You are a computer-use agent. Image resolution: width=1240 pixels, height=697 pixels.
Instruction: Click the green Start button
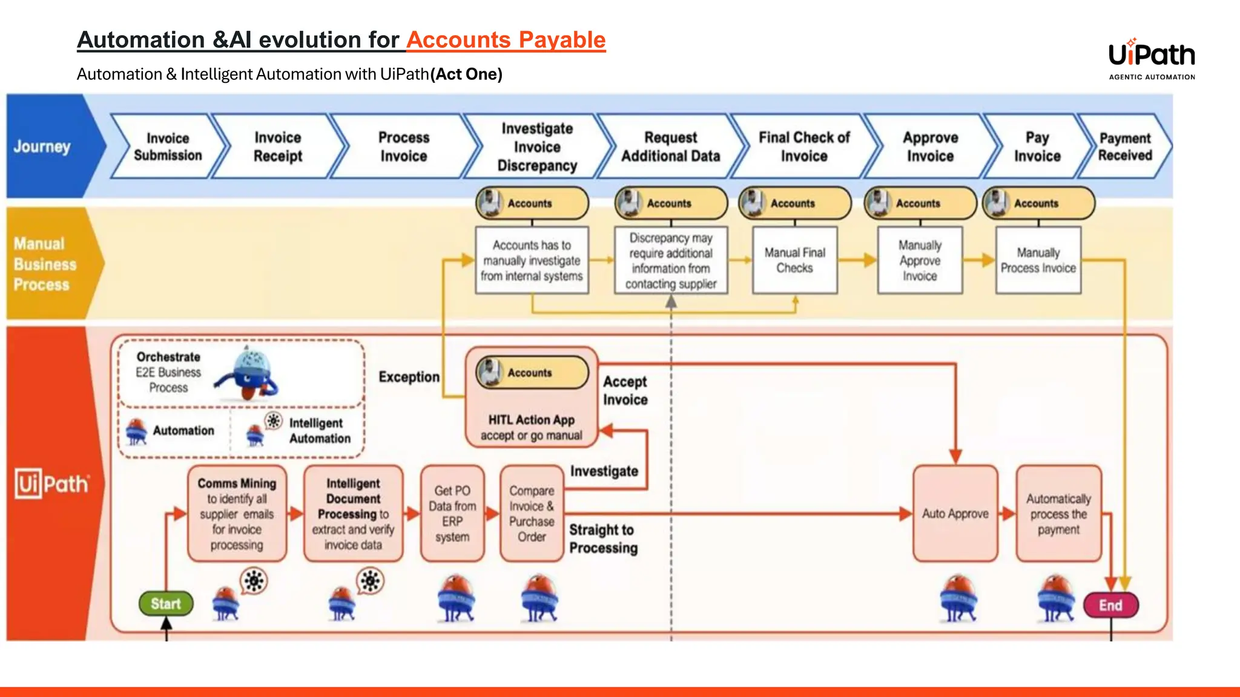click(x=166, y=603)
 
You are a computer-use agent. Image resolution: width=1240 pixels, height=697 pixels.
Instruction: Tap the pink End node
click(x=1110, y=605)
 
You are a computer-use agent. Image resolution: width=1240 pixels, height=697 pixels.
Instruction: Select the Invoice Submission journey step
click(x=168, y=146)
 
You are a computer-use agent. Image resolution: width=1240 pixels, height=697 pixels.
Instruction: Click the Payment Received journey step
click(x=1125, y=146)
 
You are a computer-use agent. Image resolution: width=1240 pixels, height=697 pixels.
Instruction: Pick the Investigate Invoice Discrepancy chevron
click(x=537, y=146)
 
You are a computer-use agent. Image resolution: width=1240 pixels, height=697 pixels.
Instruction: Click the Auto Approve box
click(x=955, y=513)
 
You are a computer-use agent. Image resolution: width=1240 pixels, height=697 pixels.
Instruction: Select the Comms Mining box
click(x=237, y=513)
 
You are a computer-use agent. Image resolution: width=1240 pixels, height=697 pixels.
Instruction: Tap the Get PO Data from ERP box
click(x=452, y=513)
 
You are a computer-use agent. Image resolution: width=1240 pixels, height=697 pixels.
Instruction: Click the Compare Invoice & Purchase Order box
click(x=532, y=513)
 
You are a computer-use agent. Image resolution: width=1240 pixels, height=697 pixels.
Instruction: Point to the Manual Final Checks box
click(x=794, y=260)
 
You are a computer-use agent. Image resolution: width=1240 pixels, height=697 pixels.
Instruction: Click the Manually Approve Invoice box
click(x=920, y=260)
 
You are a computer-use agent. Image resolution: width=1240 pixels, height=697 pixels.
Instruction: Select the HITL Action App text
click(x=531, y=420)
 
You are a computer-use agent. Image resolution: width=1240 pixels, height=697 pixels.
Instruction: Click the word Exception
click(x=409, y=377)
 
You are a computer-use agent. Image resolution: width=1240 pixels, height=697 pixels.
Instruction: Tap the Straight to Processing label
click(x=603, y=538)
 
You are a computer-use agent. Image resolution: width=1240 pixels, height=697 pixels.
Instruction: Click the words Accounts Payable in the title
click(x=506, y=40)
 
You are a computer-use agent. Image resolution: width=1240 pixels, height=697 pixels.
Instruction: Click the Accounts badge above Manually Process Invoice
click(x=1038, y=203)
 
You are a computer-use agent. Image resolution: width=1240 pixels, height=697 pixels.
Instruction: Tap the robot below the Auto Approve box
click(x=958, y=599)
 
